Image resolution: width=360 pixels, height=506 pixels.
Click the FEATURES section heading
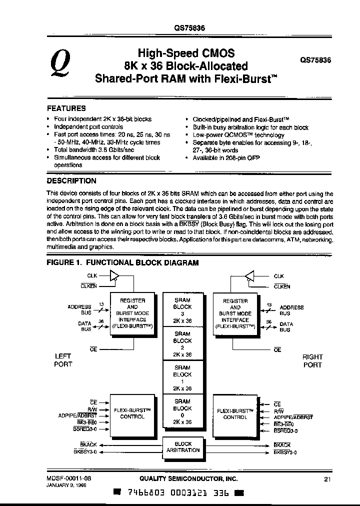tap(66, 108)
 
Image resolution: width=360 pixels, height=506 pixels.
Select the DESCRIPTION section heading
tap(71, 181)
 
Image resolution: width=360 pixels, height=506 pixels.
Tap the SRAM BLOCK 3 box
tap(182, 310)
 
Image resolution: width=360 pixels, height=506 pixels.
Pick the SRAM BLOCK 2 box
tap(182, 344)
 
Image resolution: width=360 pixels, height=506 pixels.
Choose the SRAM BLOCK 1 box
tap(182, 377)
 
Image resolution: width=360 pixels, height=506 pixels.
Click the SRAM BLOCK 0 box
tap(182, 411)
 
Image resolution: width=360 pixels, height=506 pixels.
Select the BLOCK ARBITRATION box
tap(183, 447)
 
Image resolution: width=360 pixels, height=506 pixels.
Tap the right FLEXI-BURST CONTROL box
tap(234, 413)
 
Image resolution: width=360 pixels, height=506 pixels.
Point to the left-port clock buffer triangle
tap(115, 276)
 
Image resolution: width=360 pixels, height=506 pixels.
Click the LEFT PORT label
tap(62, 360)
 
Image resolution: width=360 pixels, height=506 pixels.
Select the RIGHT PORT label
tap(312, 360)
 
